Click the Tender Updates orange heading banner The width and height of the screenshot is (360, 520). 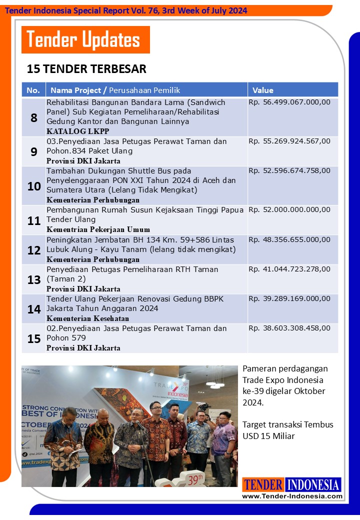(85, 39)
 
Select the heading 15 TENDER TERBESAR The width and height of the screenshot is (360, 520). (86, 69)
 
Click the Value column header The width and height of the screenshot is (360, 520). (263, 90)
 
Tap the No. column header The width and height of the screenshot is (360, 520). (33, 90)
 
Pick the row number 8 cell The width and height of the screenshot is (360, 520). (34, 118)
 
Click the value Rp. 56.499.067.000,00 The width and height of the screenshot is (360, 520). (289, 102)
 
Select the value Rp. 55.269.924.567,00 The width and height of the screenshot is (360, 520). (289, 141)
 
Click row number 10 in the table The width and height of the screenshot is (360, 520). (34, 186)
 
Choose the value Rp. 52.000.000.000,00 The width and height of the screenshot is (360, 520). (289, 210)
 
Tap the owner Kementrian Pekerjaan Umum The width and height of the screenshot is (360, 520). (98, 229)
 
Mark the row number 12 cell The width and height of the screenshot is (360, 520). (34, 250)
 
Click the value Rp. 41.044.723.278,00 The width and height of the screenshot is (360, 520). (289, 269)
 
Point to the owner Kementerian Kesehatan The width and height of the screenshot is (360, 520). (88, 318)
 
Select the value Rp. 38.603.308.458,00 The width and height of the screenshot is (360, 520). (289, 328)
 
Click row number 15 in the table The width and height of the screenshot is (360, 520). (34, 338)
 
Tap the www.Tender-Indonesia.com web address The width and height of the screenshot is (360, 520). (292, 496)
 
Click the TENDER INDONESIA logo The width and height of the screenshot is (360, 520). (292, 484)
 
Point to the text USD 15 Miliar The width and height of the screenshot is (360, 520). (268, 436)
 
